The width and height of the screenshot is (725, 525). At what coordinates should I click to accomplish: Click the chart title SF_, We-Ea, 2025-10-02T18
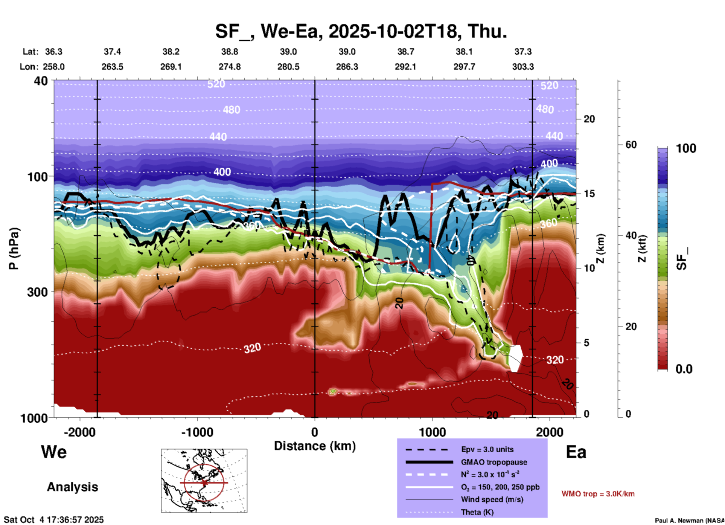click(x=361, y=31)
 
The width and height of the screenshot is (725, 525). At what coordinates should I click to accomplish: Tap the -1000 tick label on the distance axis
click(x=197, y=432)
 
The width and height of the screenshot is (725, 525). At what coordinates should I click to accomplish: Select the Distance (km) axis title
click(x=315, y=446)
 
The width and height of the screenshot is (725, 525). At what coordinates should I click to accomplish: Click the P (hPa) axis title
click(x=14, y=249)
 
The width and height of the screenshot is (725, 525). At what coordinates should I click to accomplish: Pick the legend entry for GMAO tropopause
click(x=494, y=462)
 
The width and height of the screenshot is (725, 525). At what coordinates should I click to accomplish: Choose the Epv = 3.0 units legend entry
click(x=487, y=449)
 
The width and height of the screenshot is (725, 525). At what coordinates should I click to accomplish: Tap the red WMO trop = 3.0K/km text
click(x=598, y=494)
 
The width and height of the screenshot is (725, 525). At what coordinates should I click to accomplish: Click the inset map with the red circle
click(x=204, y=481)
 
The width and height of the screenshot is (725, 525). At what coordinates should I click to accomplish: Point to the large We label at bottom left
click(x=54, y=452)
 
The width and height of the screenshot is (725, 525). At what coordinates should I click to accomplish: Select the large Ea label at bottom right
click(x=576, y=452)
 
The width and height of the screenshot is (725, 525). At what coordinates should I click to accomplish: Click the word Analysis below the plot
click(x=72, y=487)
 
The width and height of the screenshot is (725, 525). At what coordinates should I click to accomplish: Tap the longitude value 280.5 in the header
click(x=288, y=67)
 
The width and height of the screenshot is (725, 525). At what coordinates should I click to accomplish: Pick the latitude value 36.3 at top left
click(x=53, y=52)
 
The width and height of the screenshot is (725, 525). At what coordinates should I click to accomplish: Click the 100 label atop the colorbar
click(x=686, y=148)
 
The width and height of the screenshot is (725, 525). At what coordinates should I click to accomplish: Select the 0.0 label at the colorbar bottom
click(x=684, y=369)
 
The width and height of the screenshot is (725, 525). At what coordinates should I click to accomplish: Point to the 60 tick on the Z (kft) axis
click(x=631, y=145)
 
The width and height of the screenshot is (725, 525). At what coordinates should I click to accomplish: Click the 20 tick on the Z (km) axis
click(x=589, y=119)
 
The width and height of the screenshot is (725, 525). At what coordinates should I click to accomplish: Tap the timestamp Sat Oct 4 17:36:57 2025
click(x=53, y=520)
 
